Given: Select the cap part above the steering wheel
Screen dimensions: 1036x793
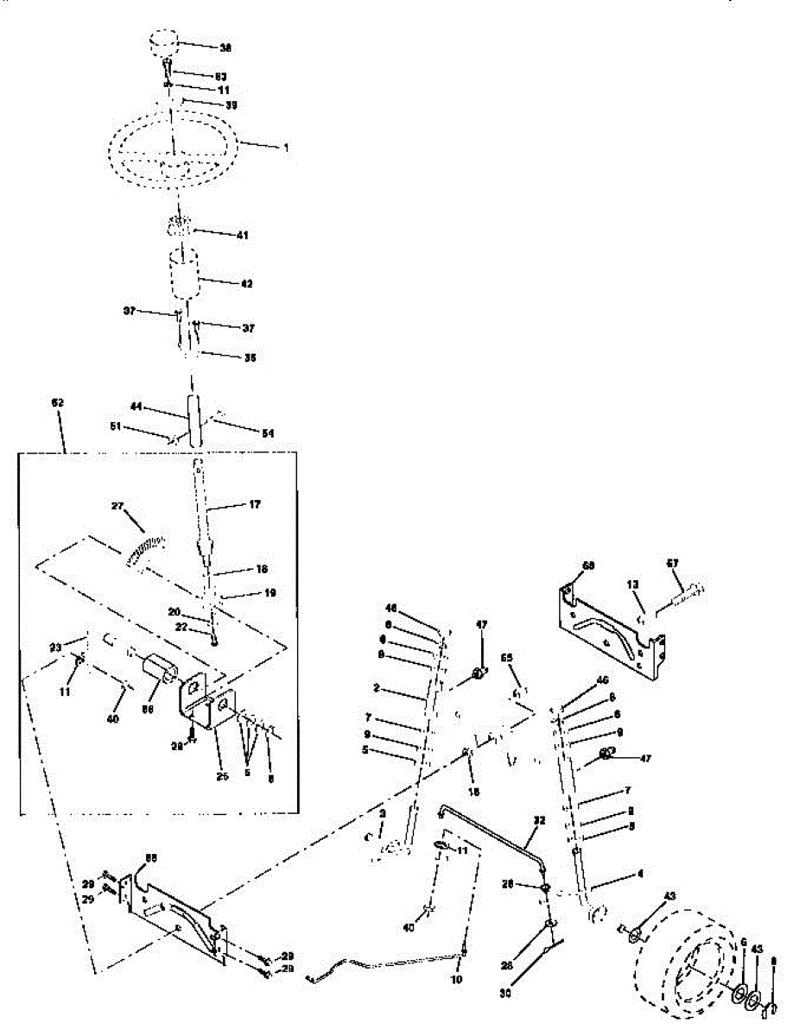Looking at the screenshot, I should pos(163,42).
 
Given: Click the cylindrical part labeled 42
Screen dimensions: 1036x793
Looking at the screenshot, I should pos(184,275).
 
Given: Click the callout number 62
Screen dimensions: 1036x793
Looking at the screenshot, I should pos(58,403).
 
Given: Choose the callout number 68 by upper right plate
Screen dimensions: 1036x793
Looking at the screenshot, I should pos(588,565).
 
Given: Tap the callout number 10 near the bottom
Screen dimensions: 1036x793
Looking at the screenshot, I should pos(457,981).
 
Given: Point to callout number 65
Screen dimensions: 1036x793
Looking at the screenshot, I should pos(507,658).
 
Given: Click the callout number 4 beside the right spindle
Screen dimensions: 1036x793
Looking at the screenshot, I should pos(640,874).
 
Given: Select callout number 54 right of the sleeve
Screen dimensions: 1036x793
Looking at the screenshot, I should pos(268,433).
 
